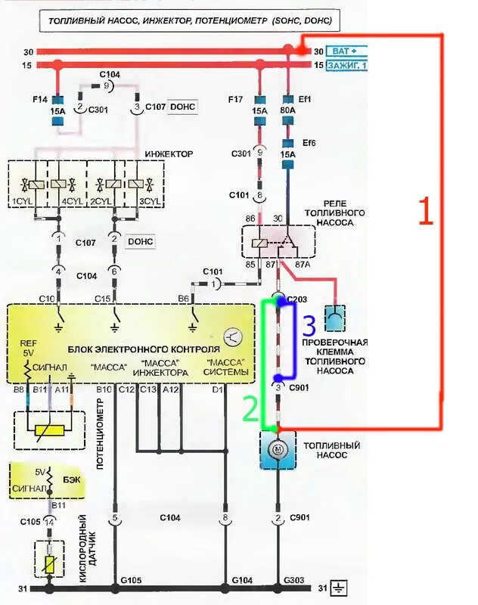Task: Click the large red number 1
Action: tap(426, 213)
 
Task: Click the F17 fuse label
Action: tap(235, 98)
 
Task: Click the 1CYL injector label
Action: tap(20, 201)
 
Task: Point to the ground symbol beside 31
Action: tap(341, 588)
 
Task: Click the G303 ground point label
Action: tap(294, 580)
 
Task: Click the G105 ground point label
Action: tap(132, 580)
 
